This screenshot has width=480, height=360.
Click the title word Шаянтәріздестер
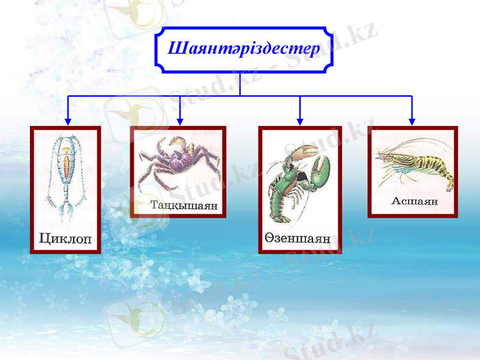click(x=244, y=48)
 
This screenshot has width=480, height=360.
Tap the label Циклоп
click(x=65, y=239)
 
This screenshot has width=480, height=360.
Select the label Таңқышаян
click(x=184, y=205)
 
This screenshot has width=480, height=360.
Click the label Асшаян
click(x=414, y=201)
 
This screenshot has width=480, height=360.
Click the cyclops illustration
click(x=66, y=174)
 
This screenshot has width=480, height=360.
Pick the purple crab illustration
click(x=178, y=162)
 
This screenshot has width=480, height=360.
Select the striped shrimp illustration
click(x=414, y=163)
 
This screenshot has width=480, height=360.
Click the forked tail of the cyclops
click(x=67, y=210)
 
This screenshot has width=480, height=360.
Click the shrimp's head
click(x=387, y=157)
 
